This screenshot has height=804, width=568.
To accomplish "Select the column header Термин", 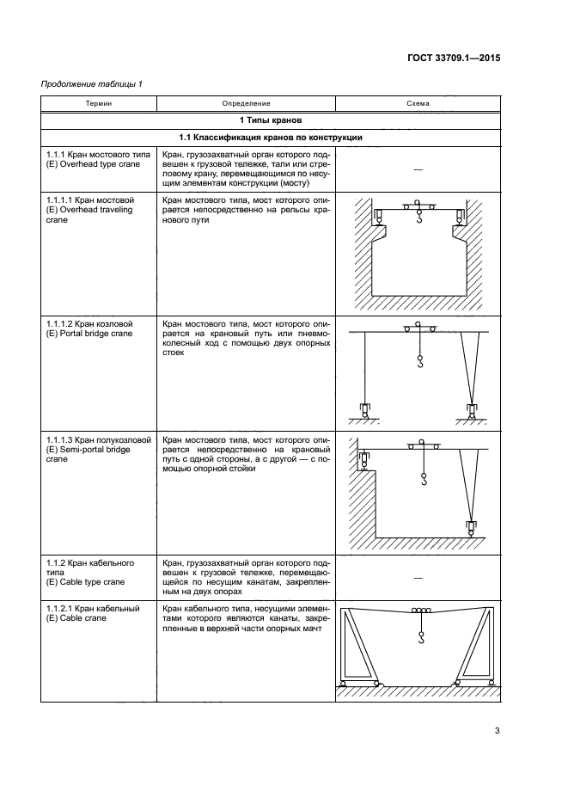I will [98, 103].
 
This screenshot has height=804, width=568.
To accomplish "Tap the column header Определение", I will [246, 103].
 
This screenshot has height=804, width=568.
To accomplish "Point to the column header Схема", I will [418, 103].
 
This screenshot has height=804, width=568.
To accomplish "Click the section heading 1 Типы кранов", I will [270, 120].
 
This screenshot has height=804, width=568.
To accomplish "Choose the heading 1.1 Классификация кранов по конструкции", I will [270, 138].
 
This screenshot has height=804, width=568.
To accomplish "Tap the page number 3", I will [497, 731].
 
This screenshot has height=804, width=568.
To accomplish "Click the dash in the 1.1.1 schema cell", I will [418, 169].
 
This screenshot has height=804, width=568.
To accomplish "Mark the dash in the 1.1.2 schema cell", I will [418, 578].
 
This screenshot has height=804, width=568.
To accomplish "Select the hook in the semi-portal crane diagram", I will [424, 484].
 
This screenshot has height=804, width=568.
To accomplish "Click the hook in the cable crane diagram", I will [421, 639].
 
